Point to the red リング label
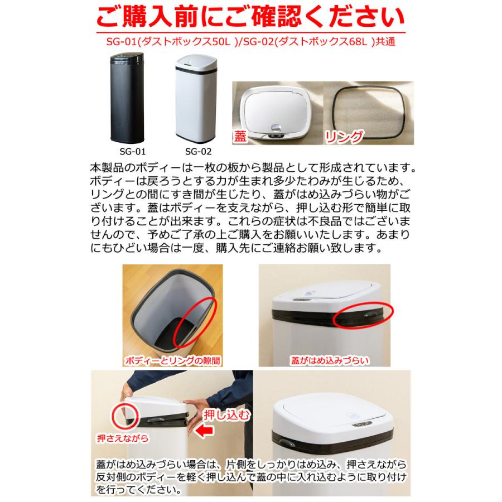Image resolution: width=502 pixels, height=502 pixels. (345, 136)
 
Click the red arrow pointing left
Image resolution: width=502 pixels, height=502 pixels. (205, 431)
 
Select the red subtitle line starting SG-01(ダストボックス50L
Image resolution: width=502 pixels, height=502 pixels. (250, 42)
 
